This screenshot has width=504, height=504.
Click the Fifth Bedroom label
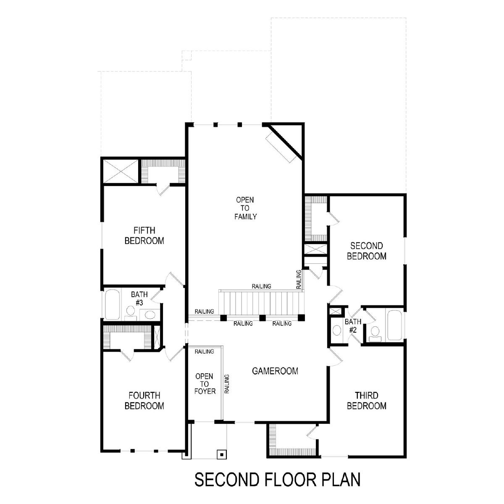pos(144,235)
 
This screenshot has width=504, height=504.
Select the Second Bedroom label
pos(366,251)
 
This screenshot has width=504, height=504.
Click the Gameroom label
pos(275,371)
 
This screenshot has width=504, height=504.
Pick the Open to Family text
pos(245,208)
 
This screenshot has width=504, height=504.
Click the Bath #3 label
pos(139,299)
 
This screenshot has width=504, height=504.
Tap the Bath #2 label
pos(353,325)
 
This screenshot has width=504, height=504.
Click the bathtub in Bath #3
pos(113,304)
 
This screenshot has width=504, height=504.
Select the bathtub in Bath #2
pos(394,325)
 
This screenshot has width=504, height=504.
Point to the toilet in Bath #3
pos(130,313)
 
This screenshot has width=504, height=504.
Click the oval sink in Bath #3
pos(150,314)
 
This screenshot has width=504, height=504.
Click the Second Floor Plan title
pos(277,479)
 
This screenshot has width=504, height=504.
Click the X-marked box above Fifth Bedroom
pos(121,171)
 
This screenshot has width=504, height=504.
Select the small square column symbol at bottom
pos(222,454)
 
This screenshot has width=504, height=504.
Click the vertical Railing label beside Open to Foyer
pos(227,384)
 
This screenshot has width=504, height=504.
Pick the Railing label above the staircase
pos(261,286)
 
